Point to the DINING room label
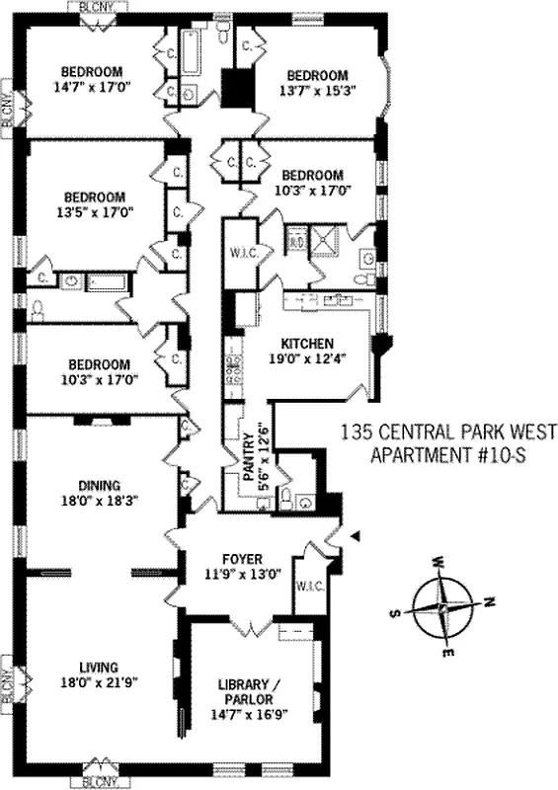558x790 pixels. point(99,485)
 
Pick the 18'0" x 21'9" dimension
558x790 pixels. point(98,680)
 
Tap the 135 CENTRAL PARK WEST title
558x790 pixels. point(447,433)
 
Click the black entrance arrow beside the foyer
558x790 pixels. point(358,535)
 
